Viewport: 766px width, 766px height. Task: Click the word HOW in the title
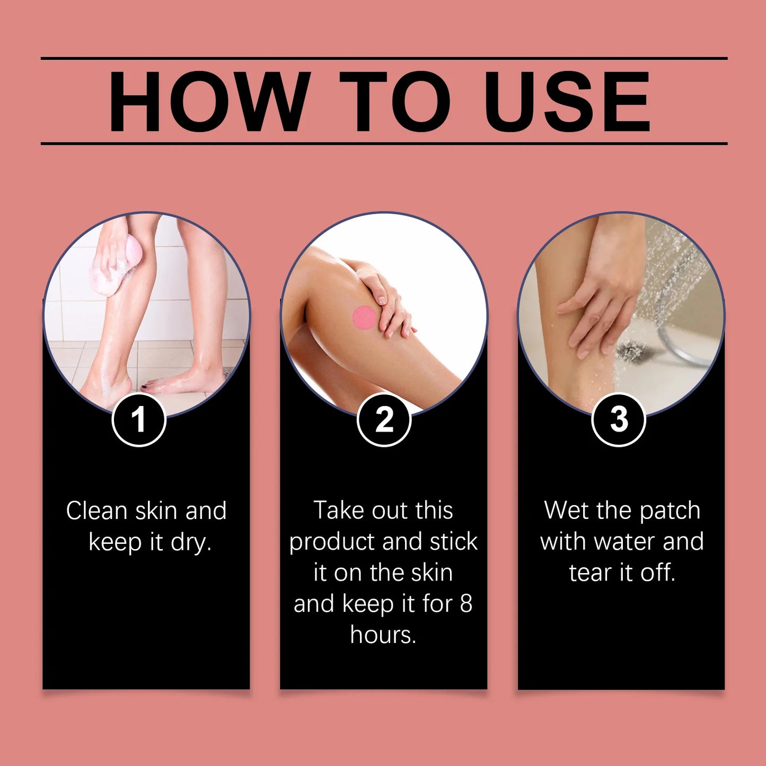click(209, 101)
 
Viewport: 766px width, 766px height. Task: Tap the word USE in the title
click(567, 101)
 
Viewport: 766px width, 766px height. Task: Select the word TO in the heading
click(394, 101)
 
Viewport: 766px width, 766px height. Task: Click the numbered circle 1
click(139, 420)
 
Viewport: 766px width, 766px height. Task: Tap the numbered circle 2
click(384, 420)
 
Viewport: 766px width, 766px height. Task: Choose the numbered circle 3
click(618, 420)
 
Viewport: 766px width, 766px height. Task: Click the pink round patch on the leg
click(365, 318)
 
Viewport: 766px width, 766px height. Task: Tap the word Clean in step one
click(97, 511)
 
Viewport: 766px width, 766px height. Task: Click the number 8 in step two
click(465, 604)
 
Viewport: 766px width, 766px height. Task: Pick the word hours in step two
click(383, 635)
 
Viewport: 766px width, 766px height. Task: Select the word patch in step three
click(670, 511)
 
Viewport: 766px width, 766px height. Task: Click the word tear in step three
click(590, 573)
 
